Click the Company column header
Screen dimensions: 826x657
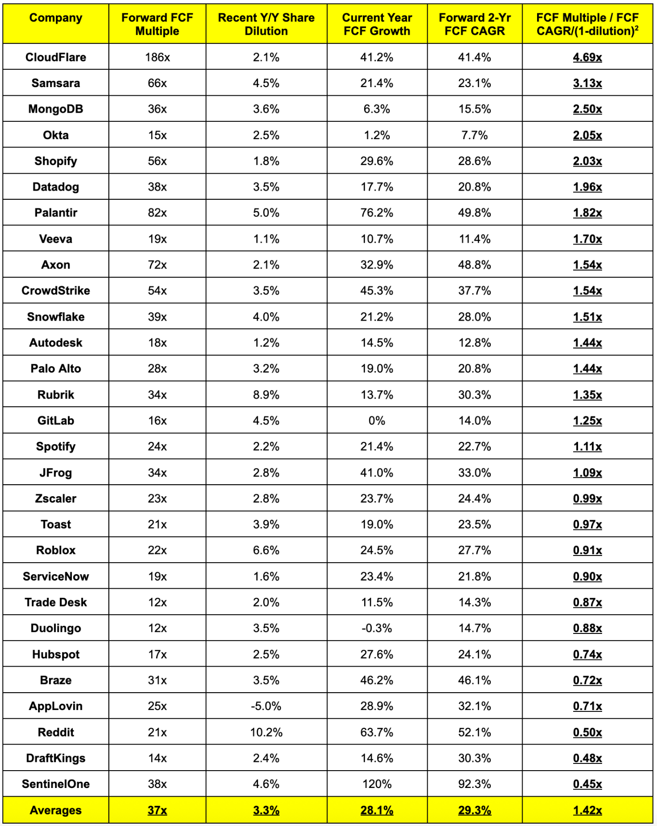56,18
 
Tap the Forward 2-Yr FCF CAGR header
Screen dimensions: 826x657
474,24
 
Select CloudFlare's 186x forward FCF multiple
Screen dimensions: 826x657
158,57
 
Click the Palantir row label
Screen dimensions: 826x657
56,213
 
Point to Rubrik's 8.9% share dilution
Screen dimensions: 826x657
266,395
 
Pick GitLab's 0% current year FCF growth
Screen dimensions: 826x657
377,421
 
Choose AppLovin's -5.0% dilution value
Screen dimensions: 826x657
266,706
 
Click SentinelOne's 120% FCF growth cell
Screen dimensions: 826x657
377,784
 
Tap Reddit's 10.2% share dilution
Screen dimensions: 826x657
266,732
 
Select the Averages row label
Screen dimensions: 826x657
56,810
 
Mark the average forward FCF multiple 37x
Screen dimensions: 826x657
158,810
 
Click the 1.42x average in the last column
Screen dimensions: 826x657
587,810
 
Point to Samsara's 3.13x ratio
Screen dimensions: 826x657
587,83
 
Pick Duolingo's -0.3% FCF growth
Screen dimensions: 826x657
377,628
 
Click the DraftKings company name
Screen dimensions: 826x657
56,758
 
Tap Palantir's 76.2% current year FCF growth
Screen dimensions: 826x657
377,213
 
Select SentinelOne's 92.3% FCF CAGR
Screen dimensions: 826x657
474,784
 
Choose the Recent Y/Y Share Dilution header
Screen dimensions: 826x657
266,24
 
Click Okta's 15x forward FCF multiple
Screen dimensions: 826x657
158,135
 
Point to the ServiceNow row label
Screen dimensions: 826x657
56,577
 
